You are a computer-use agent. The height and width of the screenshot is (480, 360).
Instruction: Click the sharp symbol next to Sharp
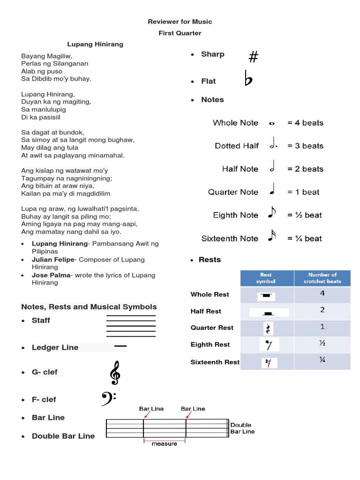point(253,57)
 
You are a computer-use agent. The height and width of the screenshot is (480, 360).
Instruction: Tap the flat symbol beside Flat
point(248,79)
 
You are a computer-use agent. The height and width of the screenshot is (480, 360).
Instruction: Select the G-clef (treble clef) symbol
point(114,374)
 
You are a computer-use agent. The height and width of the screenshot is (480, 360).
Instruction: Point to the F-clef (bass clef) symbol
point(108,399)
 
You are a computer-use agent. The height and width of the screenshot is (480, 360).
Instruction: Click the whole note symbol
point(272,124)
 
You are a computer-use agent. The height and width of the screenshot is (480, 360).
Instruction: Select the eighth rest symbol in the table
point(269,345)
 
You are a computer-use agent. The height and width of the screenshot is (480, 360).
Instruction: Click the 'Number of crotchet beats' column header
point(322,278)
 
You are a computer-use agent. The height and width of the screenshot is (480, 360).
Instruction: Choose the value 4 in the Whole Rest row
point(322,293)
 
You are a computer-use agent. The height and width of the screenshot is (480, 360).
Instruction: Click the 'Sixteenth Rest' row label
point(215,362)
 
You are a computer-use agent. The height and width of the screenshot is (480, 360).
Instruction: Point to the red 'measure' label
point(165,443)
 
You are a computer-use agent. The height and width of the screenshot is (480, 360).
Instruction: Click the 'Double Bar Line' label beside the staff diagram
point(242,428)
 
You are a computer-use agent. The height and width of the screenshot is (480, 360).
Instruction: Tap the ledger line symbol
point(120,346)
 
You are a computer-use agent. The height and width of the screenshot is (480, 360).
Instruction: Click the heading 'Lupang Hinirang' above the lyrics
point(95,44)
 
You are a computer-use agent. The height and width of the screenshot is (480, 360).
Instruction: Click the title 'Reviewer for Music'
point(180,22)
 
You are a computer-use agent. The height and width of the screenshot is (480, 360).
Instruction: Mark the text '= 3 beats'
point(305,146)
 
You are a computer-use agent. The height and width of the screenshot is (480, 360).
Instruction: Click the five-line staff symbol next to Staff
point(131,326)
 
